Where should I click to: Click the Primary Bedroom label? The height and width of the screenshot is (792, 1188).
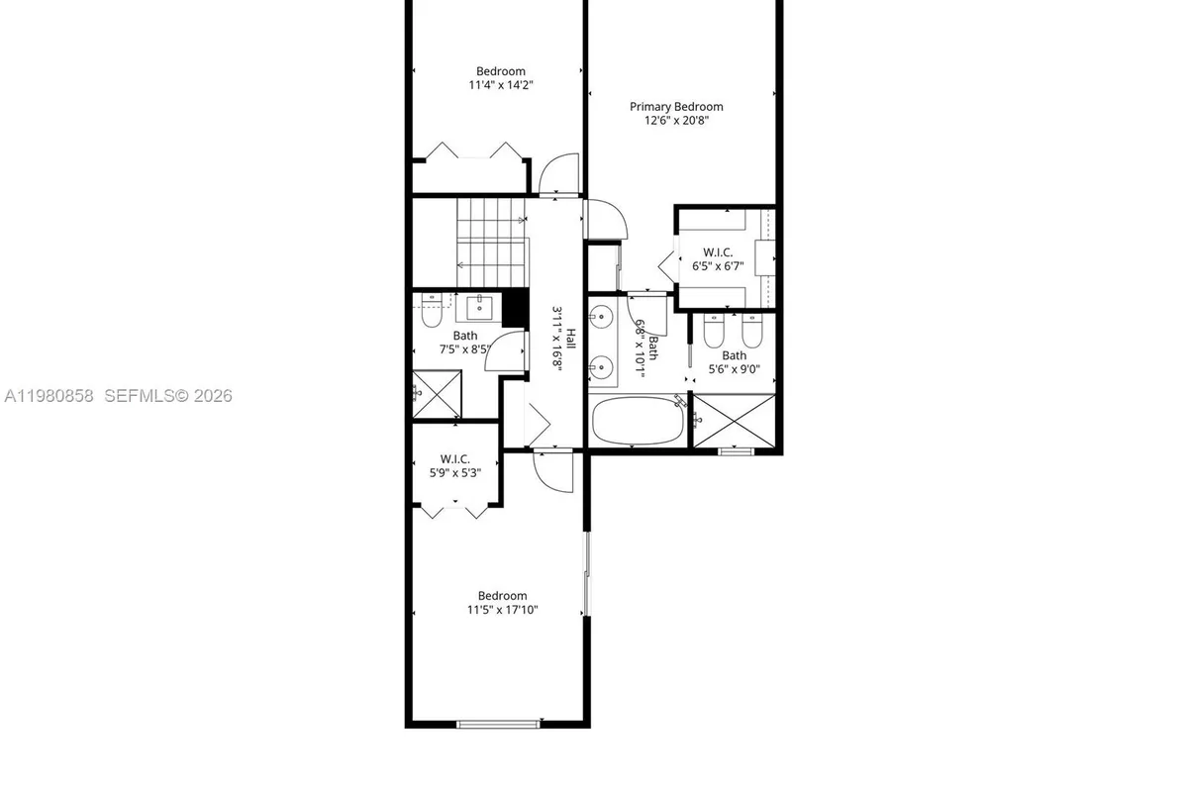point(676,106)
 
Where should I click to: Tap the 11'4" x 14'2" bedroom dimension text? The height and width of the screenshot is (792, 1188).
point(501,85)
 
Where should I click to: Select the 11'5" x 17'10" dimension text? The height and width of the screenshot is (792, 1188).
point(502,610)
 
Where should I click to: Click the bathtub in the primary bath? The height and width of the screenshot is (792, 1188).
point(638,422)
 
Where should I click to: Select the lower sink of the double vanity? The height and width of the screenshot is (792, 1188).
point(599,369)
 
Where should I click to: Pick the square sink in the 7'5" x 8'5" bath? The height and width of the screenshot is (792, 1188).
point(480,308)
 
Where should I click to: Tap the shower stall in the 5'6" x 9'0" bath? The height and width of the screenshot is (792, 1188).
point(734,420)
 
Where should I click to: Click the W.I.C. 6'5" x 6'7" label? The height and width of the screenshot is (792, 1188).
point(716,257)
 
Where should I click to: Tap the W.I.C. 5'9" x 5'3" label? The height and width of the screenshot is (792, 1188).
point(454,465)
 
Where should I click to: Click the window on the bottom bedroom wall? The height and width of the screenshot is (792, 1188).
point(499,725)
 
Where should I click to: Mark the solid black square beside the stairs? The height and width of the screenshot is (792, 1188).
point(513,309)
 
